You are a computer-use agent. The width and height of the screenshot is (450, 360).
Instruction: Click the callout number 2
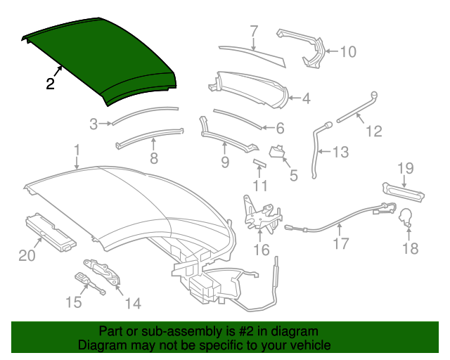[x=50, y=84]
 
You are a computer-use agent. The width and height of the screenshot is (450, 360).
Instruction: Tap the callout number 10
[x=348, y=51]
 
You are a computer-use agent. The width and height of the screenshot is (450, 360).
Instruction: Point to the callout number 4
[x=306, y=99]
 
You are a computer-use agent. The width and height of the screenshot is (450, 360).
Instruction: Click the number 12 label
[x=373, y=131]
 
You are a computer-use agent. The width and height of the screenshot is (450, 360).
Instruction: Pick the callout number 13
[x=340, y=152]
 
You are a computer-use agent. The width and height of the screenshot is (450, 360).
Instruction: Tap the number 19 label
[x=406, y=167]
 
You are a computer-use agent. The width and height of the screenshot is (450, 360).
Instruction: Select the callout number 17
[x=341, y=245]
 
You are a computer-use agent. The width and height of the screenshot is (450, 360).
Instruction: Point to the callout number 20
[x=27, y=256]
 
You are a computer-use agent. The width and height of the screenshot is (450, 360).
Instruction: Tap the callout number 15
[x=73, y=302]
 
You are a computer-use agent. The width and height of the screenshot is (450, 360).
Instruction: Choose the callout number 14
[x=132, y=303]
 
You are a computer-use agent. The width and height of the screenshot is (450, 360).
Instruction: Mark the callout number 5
[x=293, y=175]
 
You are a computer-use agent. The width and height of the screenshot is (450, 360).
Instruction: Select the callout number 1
[x=77, y=150]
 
